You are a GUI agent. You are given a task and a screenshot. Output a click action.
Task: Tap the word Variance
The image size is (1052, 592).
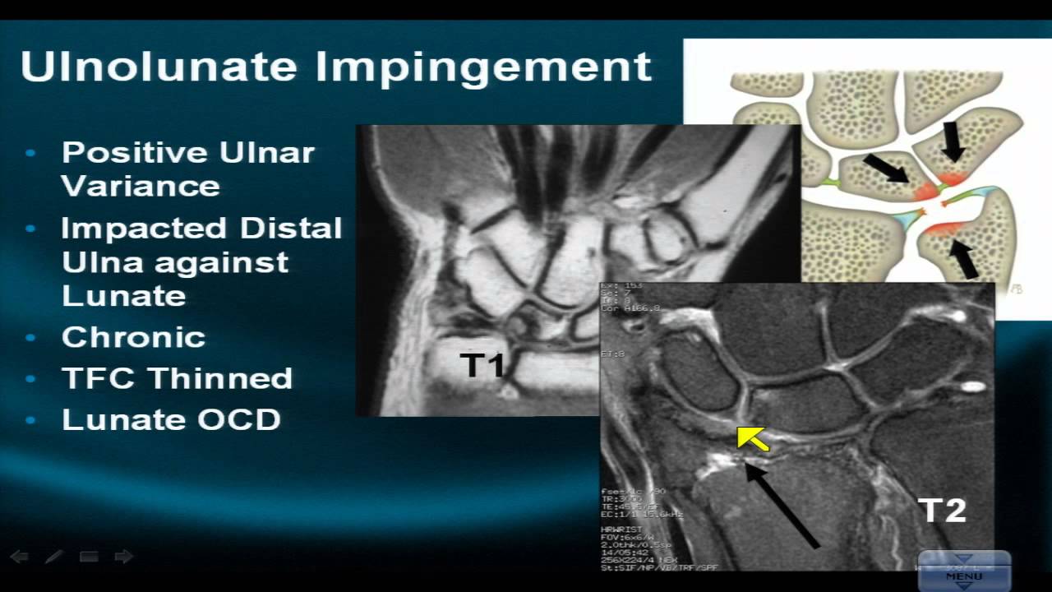pyautogui.click(x=141, y=186)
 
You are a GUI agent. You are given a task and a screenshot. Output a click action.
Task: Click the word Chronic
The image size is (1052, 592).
pyautogui.click(x=133, y=337)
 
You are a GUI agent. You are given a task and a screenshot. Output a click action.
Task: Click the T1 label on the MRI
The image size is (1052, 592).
pyautogui.click(x=482, y=365)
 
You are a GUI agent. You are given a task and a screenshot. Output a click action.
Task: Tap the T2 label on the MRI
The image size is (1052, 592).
pyautogui.click(x=942, y=511)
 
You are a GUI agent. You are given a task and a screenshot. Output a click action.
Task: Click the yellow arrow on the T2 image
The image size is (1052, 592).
pyautogui.click(x=752, y=438)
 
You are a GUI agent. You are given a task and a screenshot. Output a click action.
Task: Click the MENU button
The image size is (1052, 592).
pyautogui.click(x=963, y=572)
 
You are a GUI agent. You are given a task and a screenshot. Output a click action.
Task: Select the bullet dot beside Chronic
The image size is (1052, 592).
pyautogui.click(x=31, y=337)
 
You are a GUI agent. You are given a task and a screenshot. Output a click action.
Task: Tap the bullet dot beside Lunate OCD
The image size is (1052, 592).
pyautogui.click(x=31, y=419)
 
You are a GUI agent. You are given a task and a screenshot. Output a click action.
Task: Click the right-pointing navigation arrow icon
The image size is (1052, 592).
pyautogui.click(x=123, y=557)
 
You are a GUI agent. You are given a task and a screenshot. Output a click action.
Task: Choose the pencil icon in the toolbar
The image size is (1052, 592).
pyautogui.click(x=54, y=557)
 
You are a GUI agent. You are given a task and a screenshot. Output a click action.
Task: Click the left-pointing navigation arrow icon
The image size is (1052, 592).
pyautogui.click(x=19, y=557)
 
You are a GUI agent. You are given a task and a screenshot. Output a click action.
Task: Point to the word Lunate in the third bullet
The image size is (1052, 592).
pyautogui.click(x=123, y=296)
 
